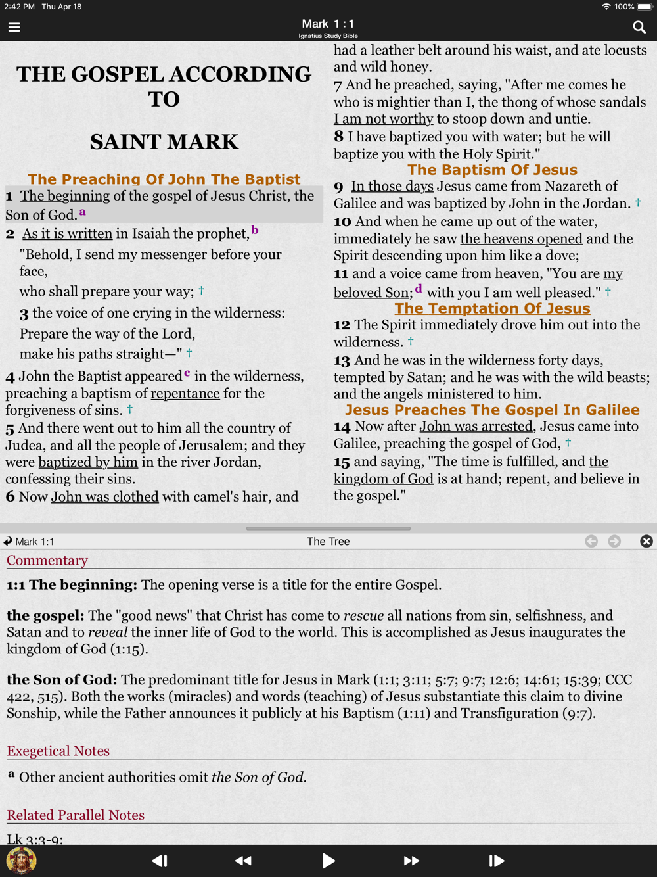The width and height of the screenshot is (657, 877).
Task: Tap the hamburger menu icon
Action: pos(14,27)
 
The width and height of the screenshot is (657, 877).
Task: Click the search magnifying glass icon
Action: pos(639,27)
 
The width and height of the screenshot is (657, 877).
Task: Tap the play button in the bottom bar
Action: pos(328,861)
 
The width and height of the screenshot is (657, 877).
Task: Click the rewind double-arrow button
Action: pos(243,861)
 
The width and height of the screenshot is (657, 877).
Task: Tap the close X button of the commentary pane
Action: pos(646,541)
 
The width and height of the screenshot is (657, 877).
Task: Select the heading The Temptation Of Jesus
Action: pos(492,308)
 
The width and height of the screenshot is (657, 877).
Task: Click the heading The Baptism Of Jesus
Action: pos(492,170)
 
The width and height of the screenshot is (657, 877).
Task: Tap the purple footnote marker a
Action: pos(83,212)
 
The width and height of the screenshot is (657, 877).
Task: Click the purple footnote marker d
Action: pos(419,289)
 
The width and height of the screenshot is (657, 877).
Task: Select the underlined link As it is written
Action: pos(67,233)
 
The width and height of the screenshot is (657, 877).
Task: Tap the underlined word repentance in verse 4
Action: pos(185,393)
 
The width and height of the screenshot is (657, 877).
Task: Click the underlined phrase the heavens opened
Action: pos(521,239)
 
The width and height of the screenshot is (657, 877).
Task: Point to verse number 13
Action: pos(342,360)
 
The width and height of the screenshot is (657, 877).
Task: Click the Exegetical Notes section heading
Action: pos(58,751)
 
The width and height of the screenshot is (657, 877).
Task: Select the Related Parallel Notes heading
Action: pos(76,815)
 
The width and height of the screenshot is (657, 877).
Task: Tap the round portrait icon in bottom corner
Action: pos(21,860)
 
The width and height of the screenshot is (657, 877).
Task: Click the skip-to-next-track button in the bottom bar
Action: pos(497,861)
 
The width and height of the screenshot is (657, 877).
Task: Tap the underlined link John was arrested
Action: pos(476,426)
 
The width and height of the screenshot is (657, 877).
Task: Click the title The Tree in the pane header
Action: pos(328,541)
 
